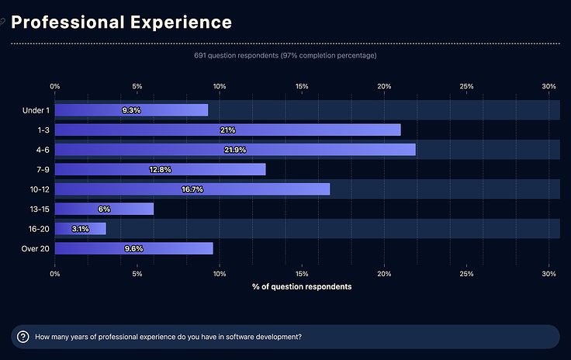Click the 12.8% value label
point(160,169)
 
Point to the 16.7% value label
point(192,189)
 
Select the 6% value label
point(105,209)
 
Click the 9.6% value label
point(133,248)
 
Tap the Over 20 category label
point(34,248)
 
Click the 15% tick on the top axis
point(302,86)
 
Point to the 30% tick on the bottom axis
point(549,274)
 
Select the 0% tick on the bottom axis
point(55,274)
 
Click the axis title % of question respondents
point(302,287)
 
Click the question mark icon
point(23,337)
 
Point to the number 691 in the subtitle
point(201,56)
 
